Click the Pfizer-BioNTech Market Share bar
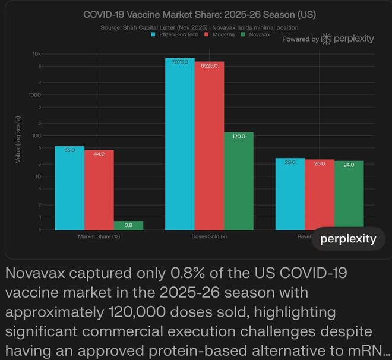[69, 188]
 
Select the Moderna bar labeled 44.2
[99, 190]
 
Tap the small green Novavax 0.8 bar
[128, 225]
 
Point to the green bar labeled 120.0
[238, 181]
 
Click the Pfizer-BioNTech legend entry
[175, 34]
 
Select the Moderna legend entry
[218, 34]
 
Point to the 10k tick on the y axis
[37, 54]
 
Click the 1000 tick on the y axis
[35, 95]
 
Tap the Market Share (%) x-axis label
[99, 236]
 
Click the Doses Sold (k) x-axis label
[209, 236]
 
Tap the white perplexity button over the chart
[348, 239]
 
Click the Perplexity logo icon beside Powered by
[325, 39]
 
